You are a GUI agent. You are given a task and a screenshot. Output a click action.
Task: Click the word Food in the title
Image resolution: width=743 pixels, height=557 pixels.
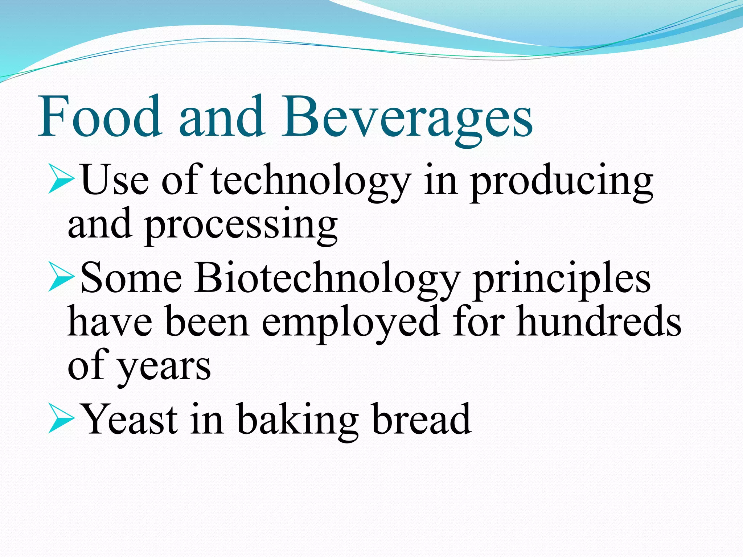coord(100,116)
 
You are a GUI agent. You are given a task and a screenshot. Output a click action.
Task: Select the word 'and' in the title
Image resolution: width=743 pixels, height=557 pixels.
coord(221,116)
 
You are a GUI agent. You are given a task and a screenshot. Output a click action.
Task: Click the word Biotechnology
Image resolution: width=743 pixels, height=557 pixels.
coord(327,279)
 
